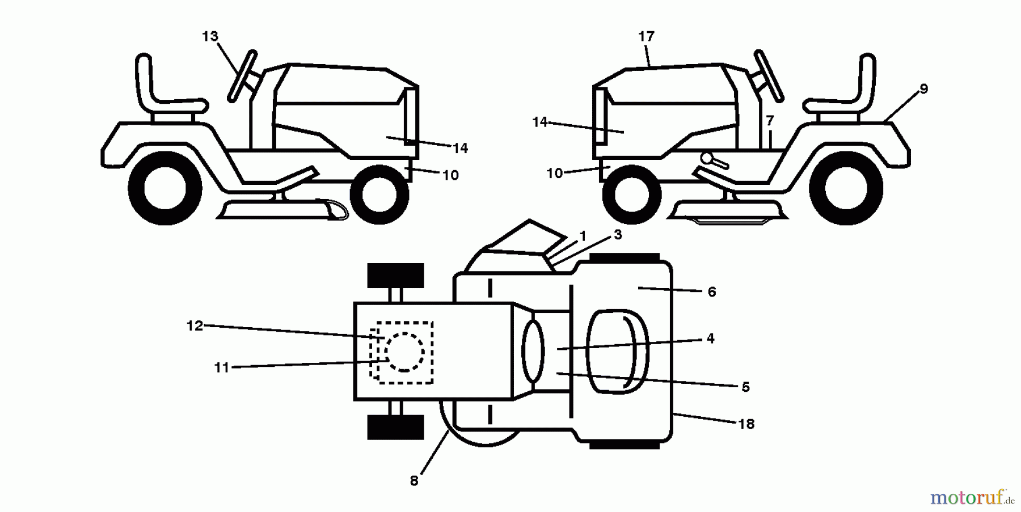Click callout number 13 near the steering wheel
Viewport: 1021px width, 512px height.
(x=210, y=36)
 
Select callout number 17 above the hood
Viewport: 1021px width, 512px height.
(x=646, y=37)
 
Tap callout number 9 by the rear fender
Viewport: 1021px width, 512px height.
(x=923, y=89)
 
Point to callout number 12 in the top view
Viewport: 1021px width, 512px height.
(x=195, y=326)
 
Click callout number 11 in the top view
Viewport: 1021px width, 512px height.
(x=221, y=368)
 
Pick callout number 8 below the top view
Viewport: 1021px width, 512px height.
(x=414, y=481)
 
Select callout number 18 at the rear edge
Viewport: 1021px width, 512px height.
(x=746, y=424)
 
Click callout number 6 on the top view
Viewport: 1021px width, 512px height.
(x=712, y=292)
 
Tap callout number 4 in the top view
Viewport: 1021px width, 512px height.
(x=710, y=338)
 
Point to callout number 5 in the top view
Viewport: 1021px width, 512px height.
(x=745, y=387)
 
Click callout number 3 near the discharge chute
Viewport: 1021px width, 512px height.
(x=618, y=234)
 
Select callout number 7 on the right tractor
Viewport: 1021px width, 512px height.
(x=770, y=121)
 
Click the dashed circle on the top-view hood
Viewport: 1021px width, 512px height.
(x=404, y=352)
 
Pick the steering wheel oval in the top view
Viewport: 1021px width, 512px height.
(x=533, y=350)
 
